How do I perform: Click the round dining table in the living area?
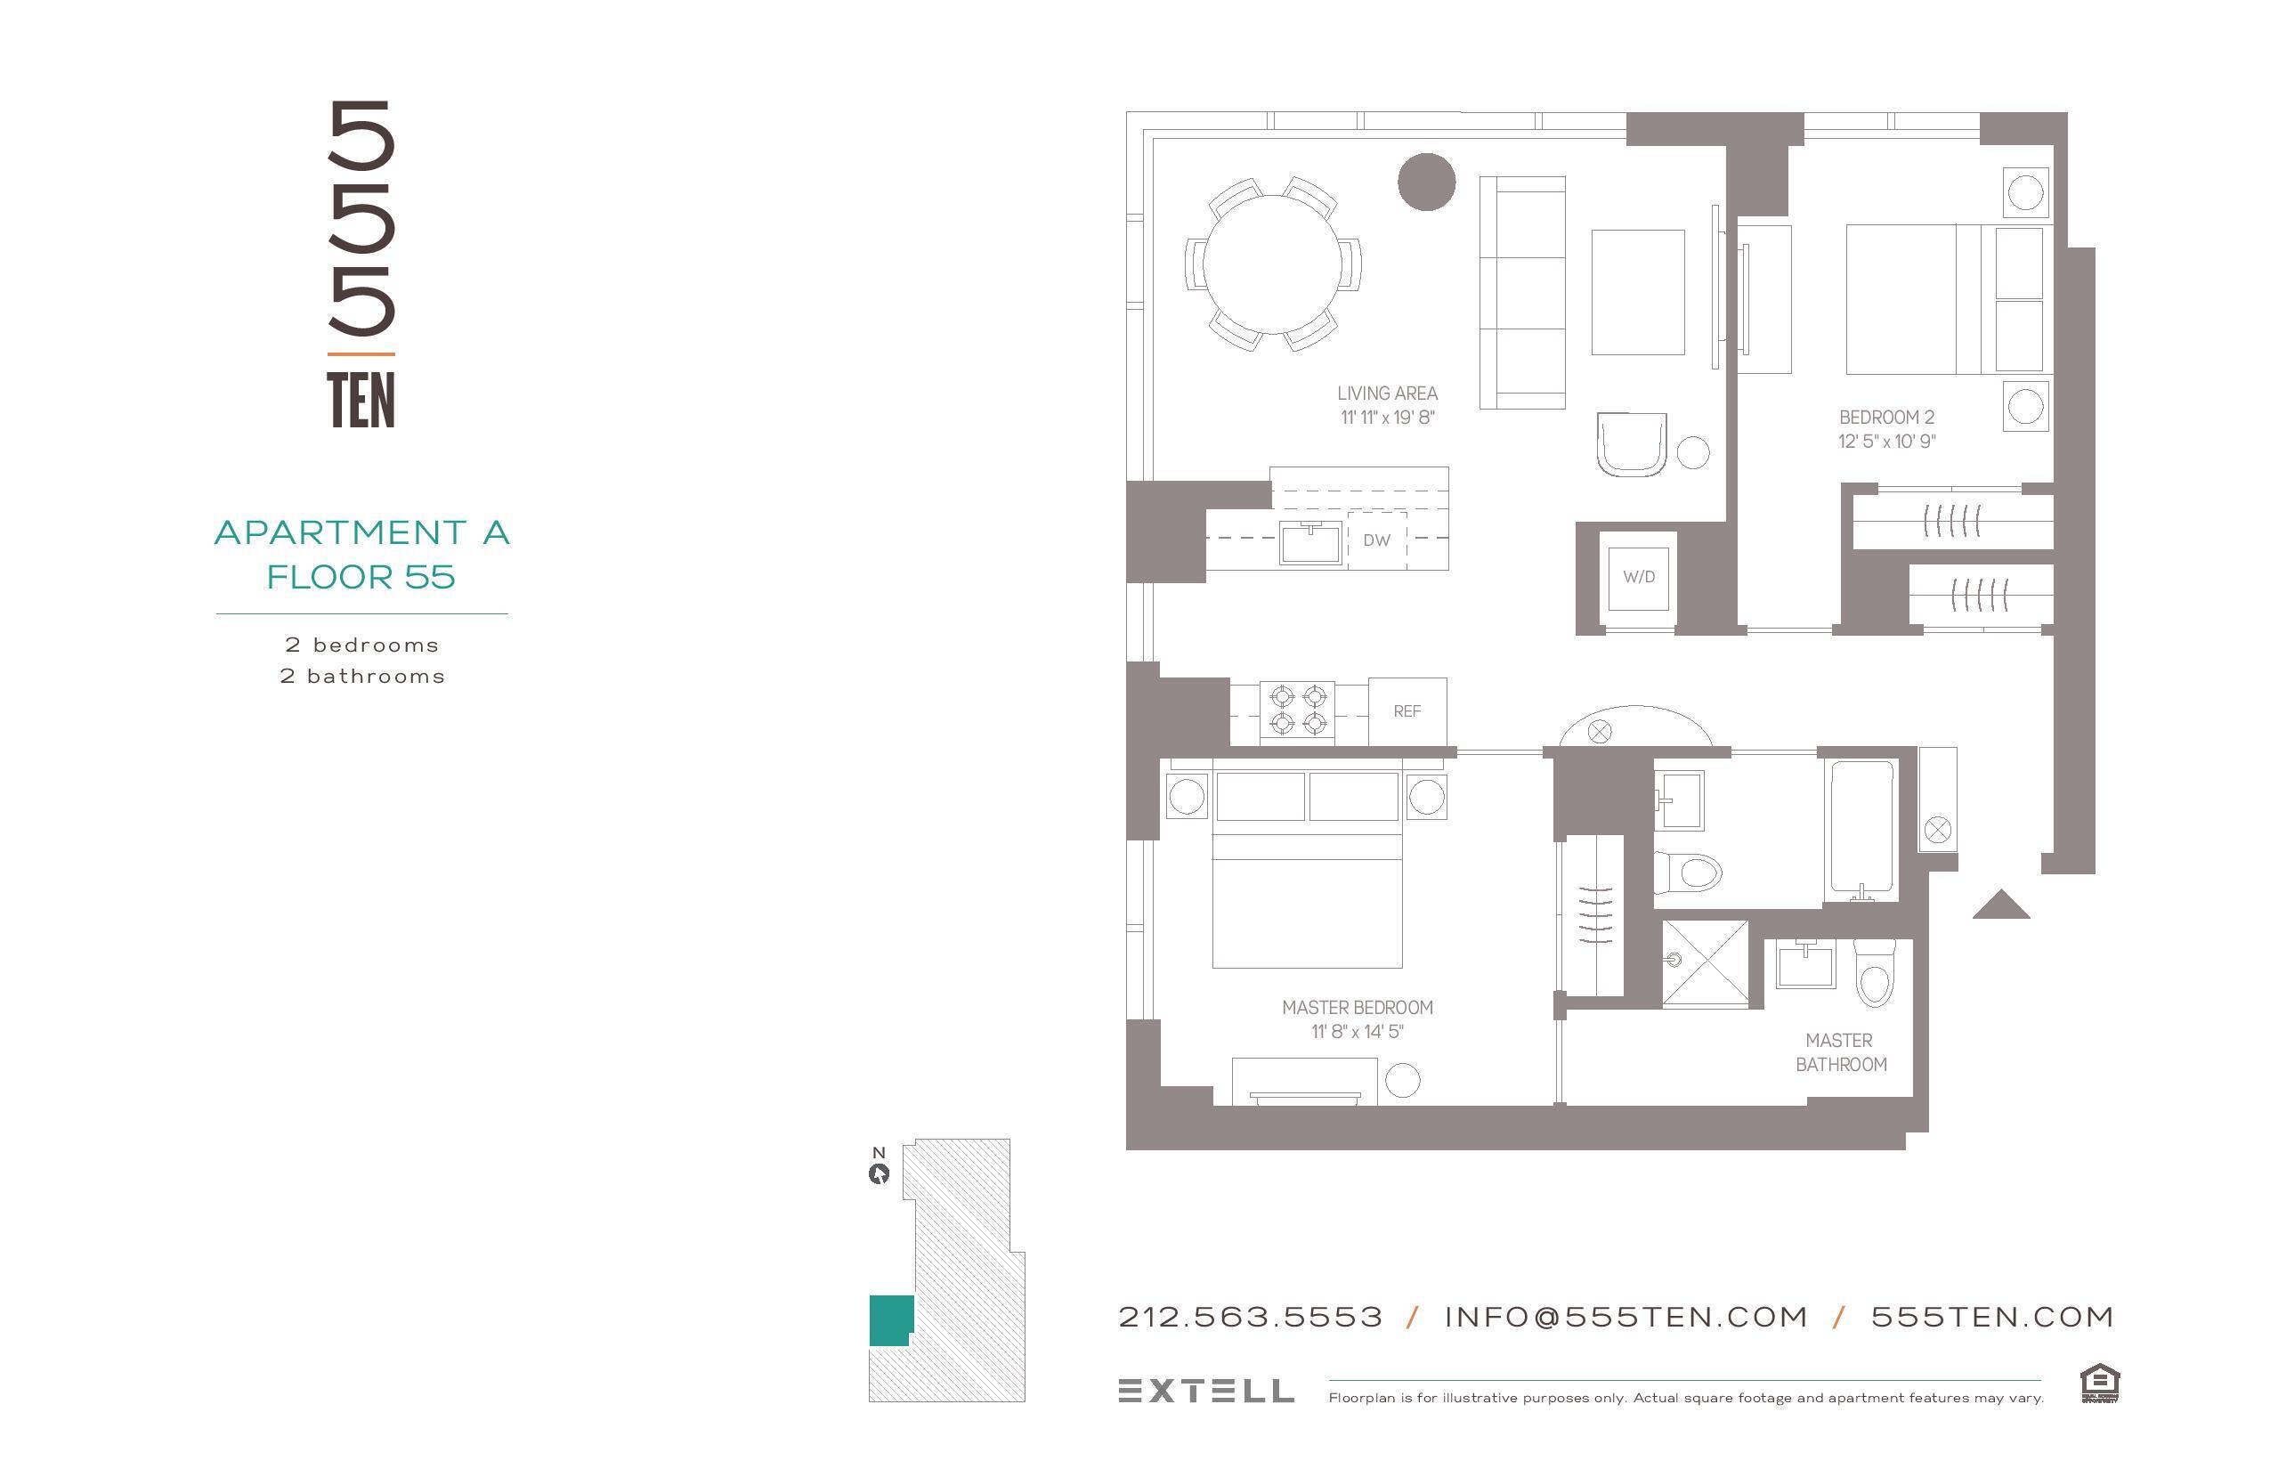pos(1273,264)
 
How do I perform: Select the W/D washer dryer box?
pos(1638,577)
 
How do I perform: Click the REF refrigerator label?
pos(1407,711)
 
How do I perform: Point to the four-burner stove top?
pos(1297,710)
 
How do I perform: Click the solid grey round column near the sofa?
pos(1426,182)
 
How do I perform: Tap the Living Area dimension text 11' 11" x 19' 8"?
pos(1387,418)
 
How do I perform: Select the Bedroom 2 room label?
pos(1885,417)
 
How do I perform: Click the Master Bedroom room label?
pos(1357,1007)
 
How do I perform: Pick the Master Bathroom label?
pos(1840,1052)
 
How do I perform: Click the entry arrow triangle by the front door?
pos(2000,905)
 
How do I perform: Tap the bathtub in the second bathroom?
pos(1861,827)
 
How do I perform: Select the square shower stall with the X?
pos(1706,962)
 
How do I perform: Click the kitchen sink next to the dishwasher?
pos(1309,543)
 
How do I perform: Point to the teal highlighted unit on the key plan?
pos(890,1320)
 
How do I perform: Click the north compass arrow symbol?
pos(879,1174)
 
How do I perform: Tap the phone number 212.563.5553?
pos(1250,1318)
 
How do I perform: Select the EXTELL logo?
pos(1205,1391)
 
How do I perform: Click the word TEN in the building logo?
pos(361,401)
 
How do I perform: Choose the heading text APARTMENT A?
pos(361,532)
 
